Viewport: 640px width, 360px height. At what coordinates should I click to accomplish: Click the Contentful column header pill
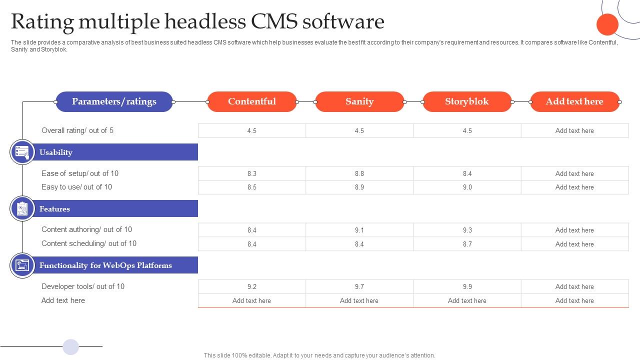coord(251,101)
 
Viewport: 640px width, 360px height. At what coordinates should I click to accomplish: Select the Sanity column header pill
coord(359,101)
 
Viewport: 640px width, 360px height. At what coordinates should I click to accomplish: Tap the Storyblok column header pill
coord(467,101)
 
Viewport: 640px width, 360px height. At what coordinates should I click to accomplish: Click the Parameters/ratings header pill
coord(114,101)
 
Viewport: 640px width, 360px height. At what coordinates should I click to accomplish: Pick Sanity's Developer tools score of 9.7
coord(359,286)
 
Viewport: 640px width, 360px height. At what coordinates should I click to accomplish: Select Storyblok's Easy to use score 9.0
coord(467,187)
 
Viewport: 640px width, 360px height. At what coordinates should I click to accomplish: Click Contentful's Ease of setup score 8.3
coord(251,173)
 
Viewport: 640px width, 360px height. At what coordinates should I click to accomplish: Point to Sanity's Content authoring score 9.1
coord(359,230)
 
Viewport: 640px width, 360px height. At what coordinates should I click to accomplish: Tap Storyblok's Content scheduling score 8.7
coord(467,244)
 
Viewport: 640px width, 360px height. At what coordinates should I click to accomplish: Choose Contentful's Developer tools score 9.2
coord(251,286)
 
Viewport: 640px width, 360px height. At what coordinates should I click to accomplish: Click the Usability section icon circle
coord(22,152)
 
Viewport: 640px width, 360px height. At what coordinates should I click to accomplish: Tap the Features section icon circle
coord(22,208)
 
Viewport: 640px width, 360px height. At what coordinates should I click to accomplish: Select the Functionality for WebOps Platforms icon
coord(22,265)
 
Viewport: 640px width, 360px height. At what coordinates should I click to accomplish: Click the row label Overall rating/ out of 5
coord(77,130)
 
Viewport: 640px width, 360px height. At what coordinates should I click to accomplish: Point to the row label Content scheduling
coord(89,243)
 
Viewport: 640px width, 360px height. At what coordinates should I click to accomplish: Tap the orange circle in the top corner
coord(607,24)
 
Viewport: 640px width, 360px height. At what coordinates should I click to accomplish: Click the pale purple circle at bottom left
coord(71,346)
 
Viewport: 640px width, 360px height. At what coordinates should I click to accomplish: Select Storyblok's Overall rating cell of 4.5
coord(467,130)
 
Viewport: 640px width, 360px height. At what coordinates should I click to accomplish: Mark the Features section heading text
coord(55,209)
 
